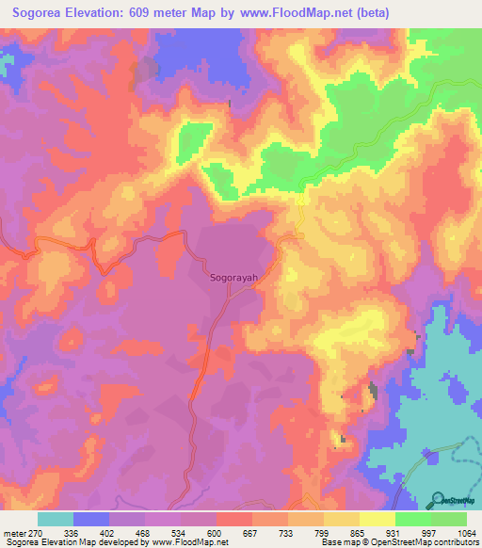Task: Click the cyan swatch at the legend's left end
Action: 56,519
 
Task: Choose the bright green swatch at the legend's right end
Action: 449,519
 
